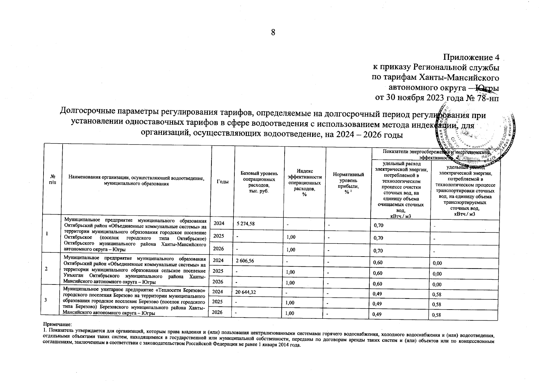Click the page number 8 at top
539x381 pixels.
[273, 32]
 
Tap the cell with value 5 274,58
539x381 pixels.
[246, 224]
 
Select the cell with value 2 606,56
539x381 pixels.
[245, 261]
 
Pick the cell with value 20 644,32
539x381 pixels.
[246, 292]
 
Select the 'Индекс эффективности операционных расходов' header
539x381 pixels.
[304, 183]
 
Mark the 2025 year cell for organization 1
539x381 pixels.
[219, 236]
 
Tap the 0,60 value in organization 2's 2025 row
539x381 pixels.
[378, 273]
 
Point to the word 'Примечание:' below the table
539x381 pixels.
[57, 324]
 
